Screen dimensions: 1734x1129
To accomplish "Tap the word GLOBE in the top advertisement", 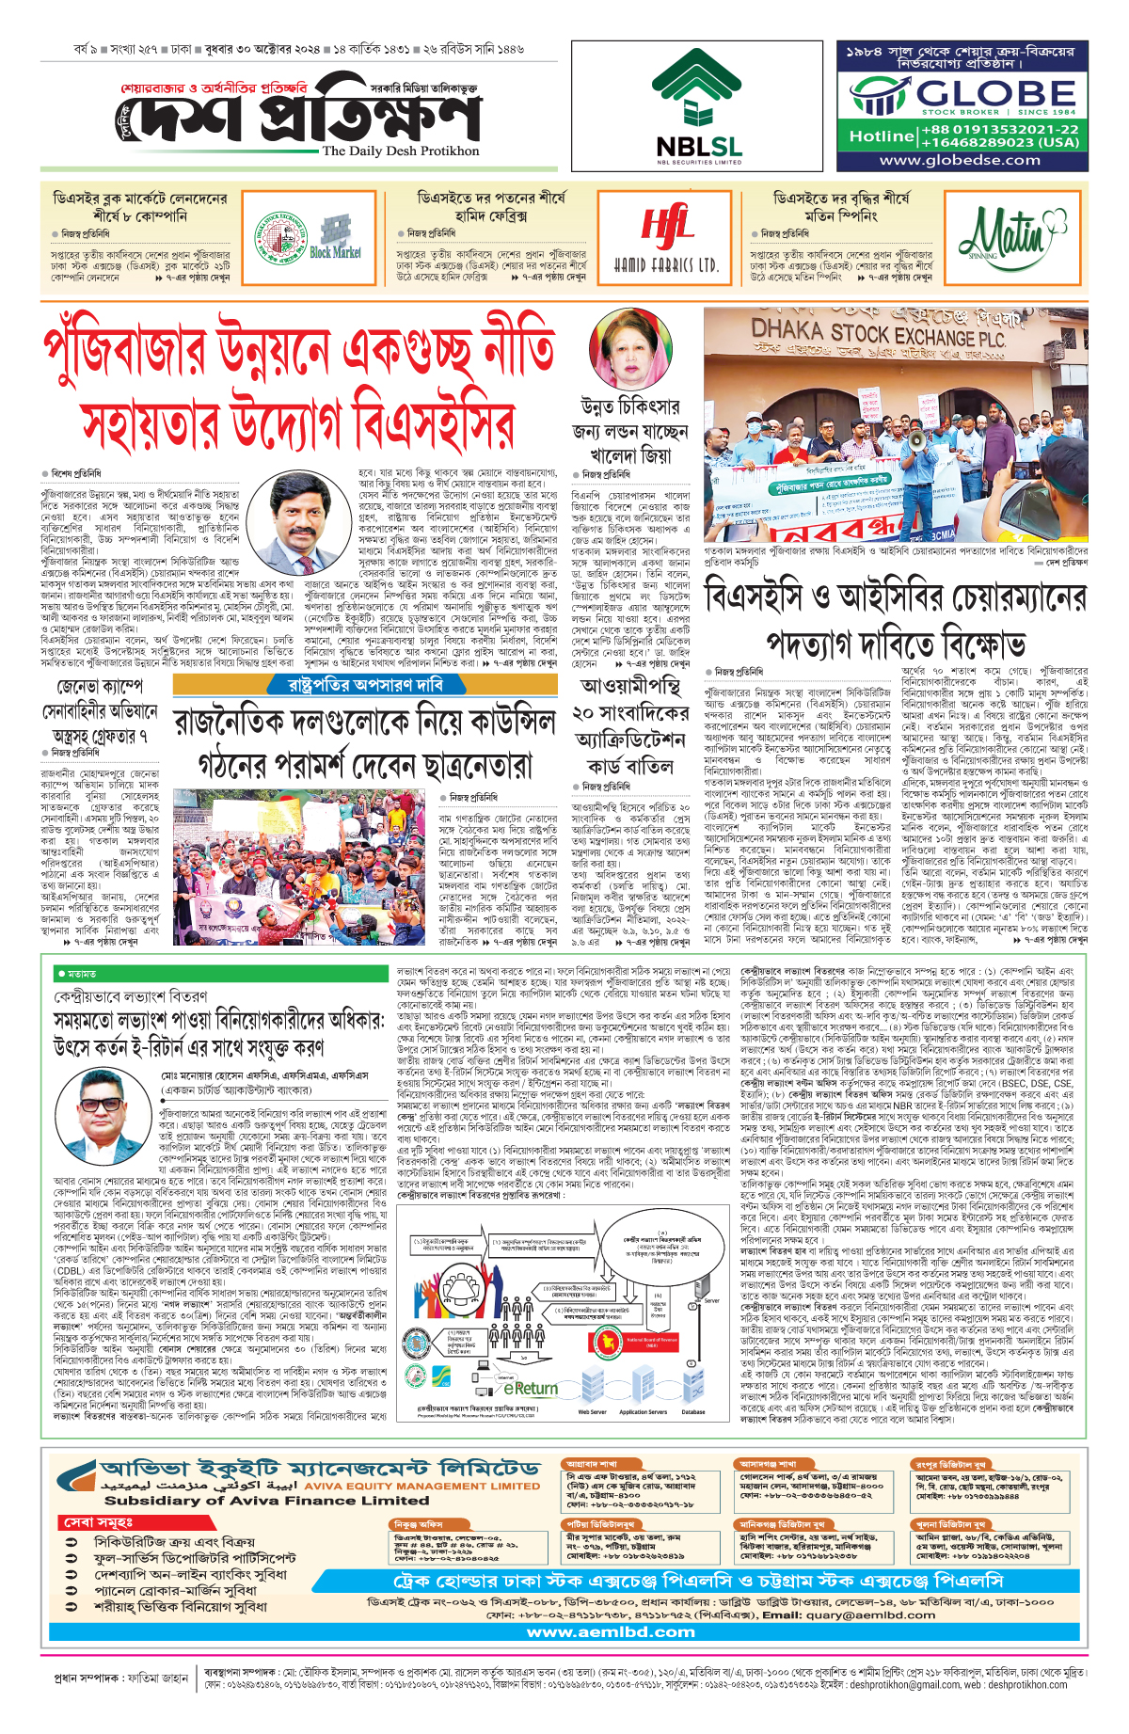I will tap(995, 93).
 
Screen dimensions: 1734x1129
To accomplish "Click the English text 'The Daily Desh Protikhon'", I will tap(401, 151).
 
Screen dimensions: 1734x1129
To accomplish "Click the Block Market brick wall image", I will tap(336, 236).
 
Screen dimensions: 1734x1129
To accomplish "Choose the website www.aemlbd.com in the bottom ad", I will tap(611, 1632).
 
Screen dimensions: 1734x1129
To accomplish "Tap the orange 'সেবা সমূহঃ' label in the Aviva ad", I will tap(99, 1522).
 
